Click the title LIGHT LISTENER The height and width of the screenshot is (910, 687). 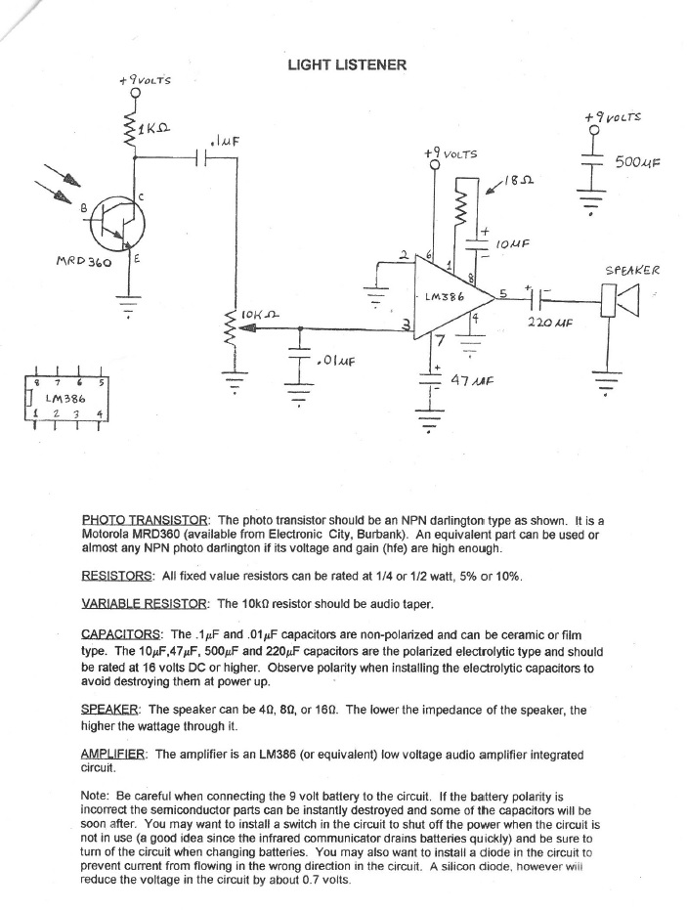[346, 65]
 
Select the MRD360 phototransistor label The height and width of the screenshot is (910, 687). [86, 263]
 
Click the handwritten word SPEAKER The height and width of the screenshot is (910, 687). [633, 270]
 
